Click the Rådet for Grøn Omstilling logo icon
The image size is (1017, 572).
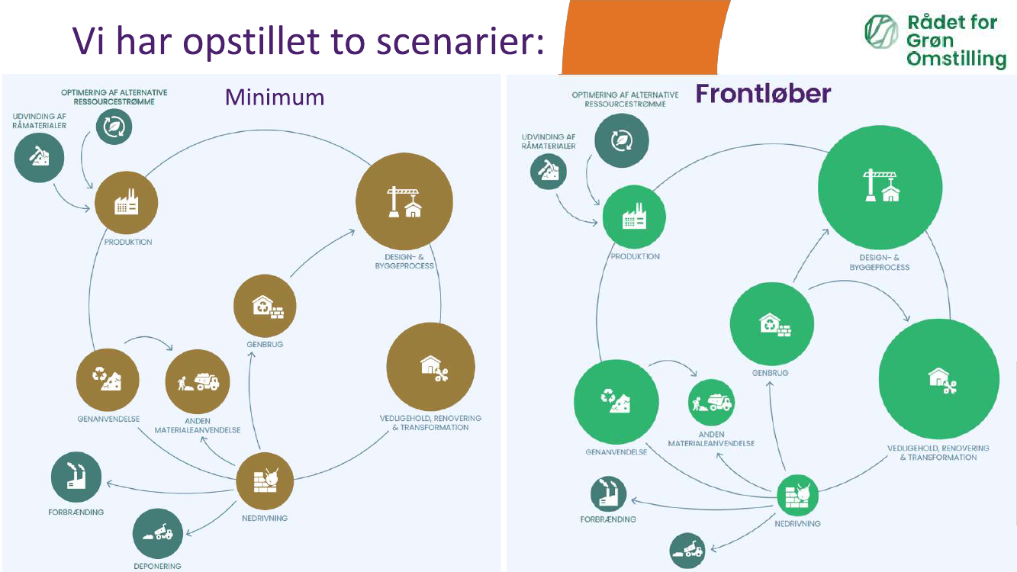[x=881, y=31]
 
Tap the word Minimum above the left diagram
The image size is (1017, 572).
[x=275, y=97]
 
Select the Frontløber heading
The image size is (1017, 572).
[x=763, y=94]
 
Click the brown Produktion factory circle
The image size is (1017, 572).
[x=126, y=204]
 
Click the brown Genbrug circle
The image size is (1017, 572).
[x=265, y=306]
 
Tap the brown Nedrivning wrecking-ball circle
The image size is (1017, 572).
[x=265, y=480]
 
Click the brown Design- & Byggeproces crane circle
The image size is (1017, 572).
[x=404, y=202]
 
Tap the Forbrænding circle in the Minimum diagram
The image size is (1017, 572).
[x=76, y=477]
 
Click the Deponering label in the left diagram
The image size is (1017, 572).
[x=158, y=566]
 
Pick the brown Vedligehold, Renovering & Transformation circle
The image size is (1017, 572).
[x=431, y=367]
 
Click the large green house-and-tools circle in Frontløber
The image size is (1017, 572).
[x=938, y=379]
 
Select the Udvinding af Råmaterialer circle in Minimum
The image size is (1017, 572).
[x=39, y=157]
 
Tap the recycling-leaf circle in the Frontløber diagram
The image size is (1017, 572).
[x=622, y=140]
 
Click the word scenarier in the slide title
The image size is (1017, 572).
[x=463, y=42]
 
